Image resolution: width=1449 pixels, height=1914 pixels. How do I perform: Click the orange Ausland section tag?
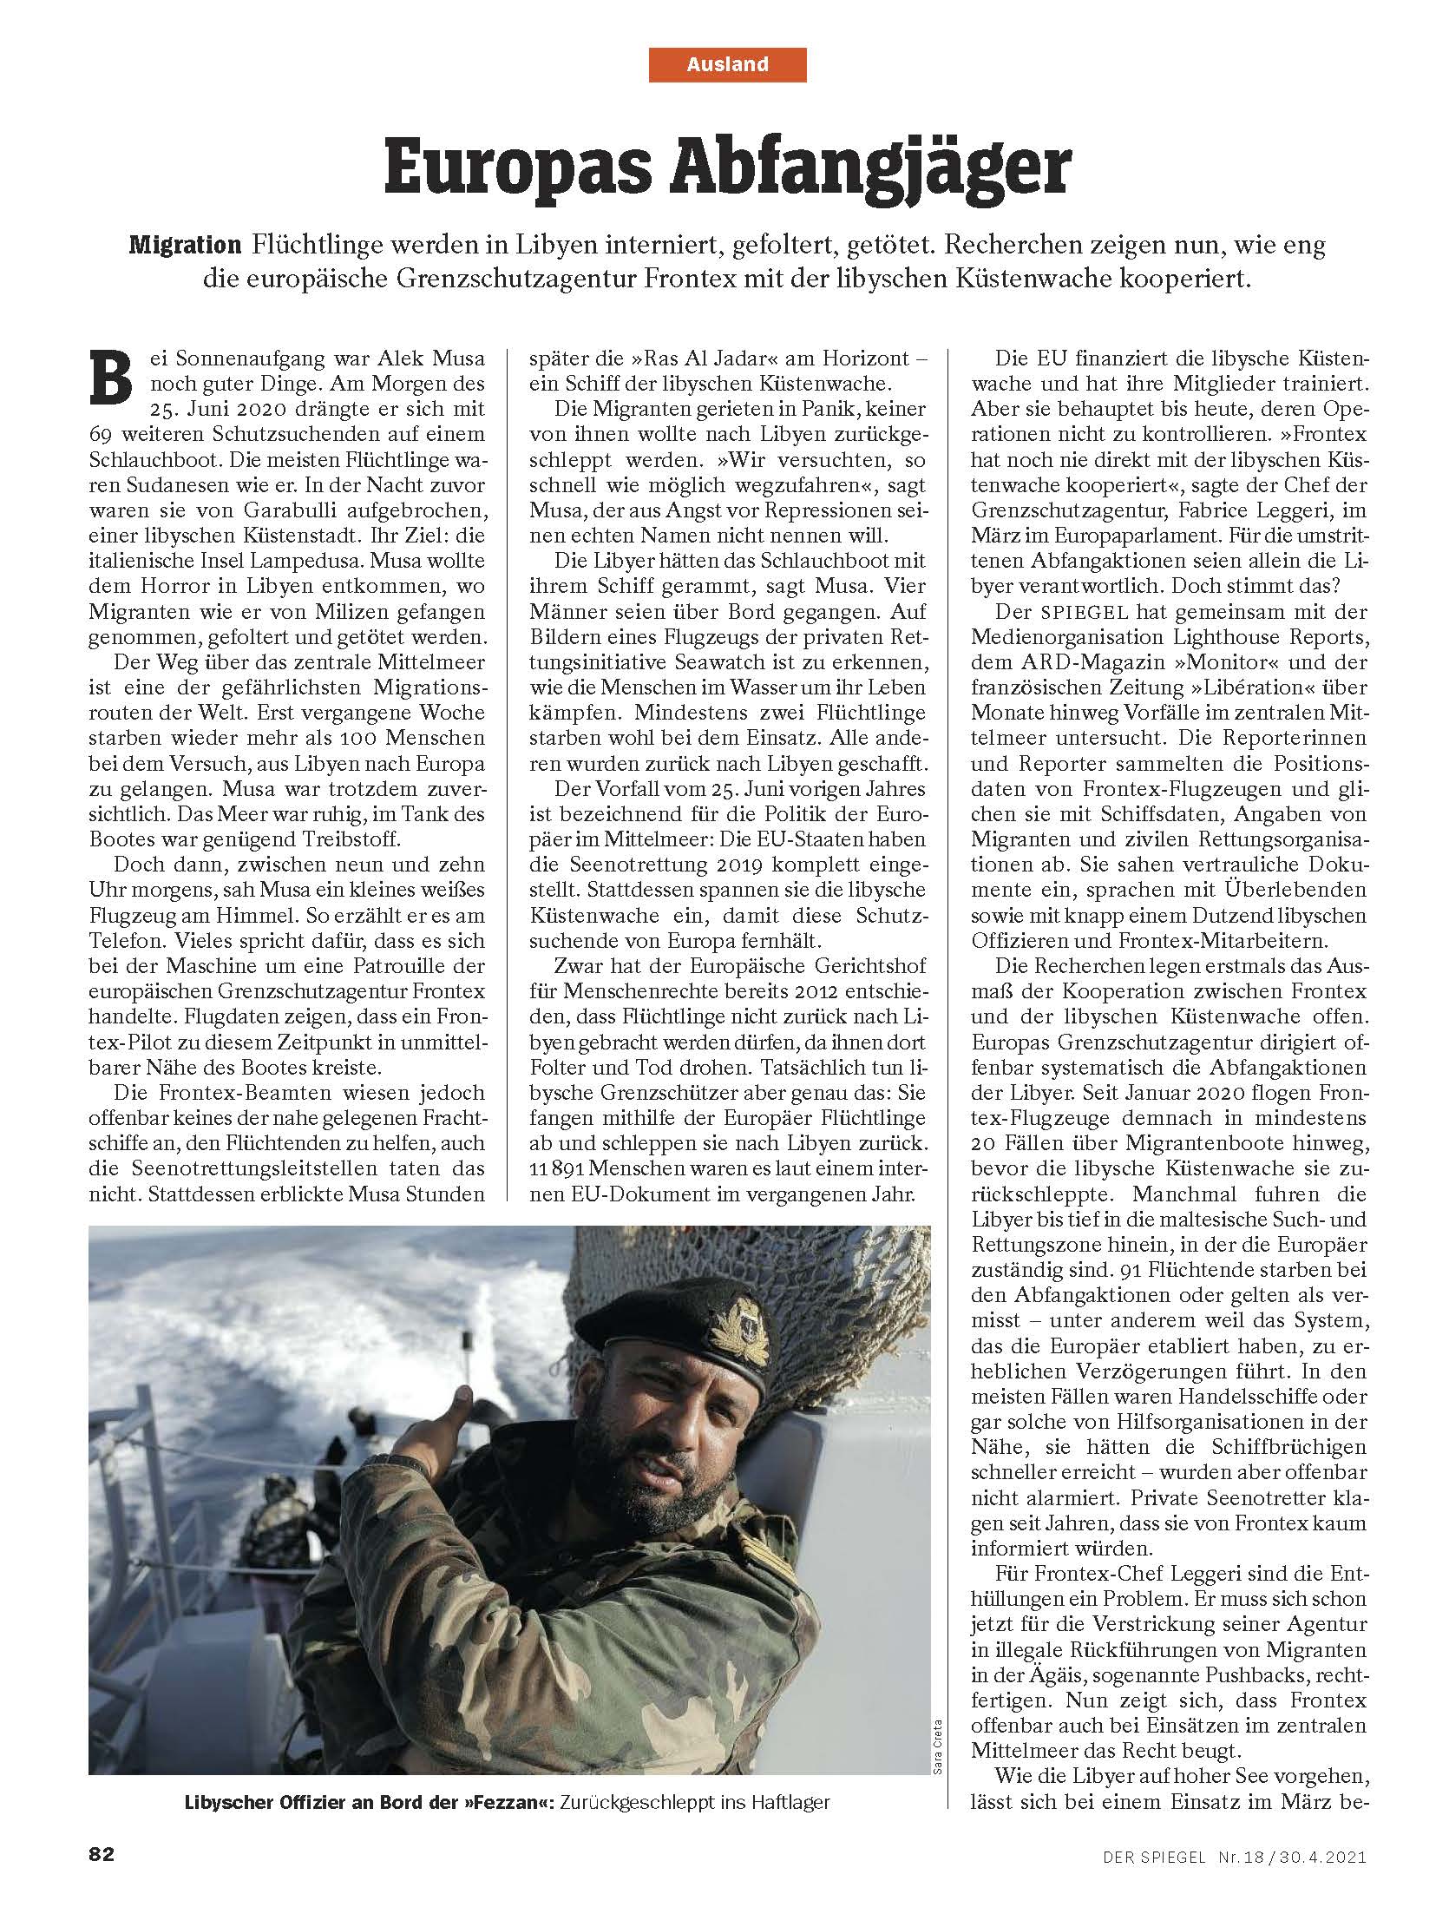(x=727, y=64)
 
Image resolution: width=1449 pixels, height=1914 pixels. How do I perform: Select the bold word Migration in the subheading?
(x=185, y=247)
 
